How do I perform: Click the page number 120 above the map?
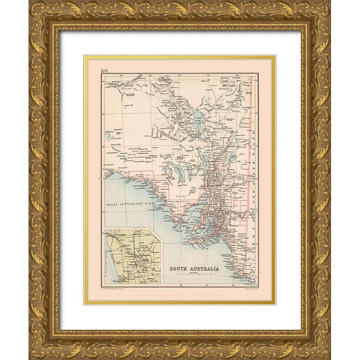[93, 68]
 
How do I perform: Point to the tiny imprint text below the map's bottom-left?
[112, 287]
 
